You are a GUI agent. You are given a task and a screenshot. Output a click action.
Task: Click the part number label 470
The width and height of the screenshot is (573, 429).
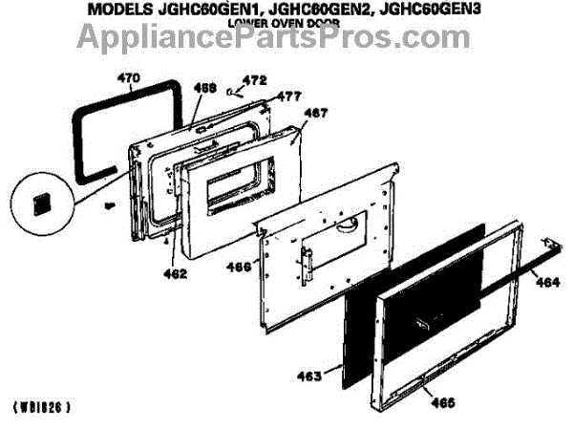point(129,77)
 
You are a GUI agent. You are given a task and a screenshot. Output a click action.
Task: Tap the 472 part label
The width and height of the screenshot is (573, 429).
point(252,79)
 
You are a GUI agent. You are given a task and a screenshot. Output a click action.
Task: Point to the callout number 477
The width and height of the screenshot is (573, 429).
point(289,96)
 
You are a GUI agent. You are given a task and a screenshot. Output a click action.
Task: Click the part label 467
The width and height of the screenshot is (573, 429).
point(315,113)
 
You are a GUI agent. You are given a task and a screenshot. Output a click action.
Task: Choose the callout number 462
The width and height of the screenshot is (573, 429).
point(175,274)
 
